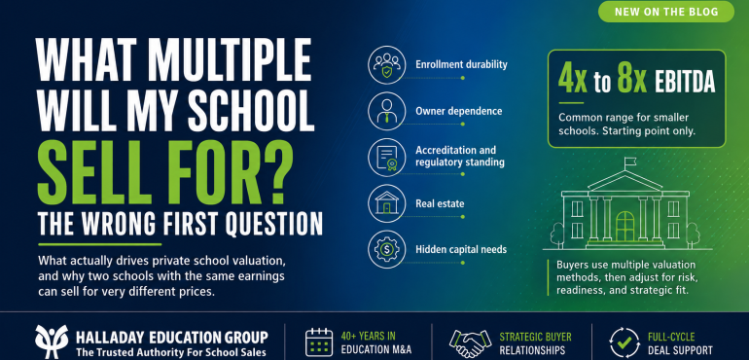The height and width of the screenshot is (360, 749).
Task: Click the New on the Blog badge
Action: pyautogui.click(x=666, y=12)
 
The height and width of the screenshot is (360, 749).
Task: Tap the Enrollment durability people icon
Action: pyautogui.click(x=386, y=65)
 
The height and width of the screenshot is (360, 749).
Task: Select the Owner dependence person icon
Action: pyautogui.click(x=386, y=111)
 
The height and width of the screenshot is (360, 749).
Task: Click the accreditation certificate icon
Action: pyautogui.click(x=386, y=158)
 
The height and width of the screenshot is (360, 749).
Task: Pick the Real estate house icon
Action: pyautogui.click(x=386, y=203)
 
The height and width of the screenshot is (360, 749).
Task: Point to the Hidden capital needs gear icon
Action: pyautogui.click(x=386, y=249)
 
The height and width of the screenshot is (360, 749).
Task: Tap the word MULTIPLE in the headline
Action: pyautogui.click(x=229, y=60)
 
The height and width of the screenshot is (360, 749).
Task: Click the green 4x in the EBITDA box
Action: pyautogui.click(x=573, y=83)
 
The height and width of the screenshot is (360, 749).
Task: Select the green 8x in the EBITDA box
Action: pyautogui.click(x=631, y=83)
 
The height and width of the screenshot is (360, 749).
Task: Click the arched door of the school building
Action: pyautogui.click(x=624, y=227)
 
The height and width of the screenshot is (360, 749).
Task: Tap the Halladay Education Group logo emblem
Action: pyautogui.click(x=52, y=342)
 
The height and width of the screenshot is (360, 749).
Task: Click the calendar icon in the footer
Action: pyautogui.click(x=319, y=342)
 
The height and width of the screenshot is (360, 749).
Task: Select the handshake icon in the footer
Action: pyautogui.click(x=470, y=342)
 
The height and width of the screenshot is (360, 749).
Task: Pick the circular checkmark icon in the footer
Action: pyautogui.click(x=624, y=342)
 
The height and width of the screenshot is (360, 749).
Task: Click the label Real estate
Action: pyautogui.click(x=440, y=204)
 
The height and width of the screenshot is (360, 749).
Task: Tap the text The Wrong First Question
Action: pyautogui.click(x=180, y=223)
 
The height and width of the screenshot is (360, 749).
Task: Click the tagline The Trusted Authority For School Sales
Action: pyautogui.click(x=171, y=352)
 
